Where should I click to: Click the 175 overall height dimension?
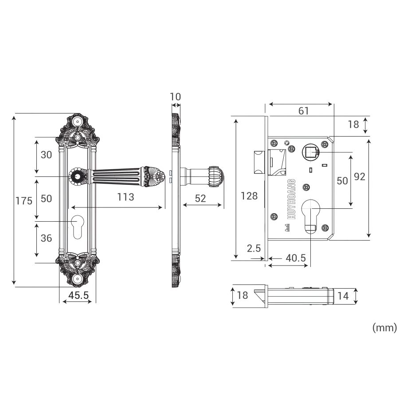(24, 200)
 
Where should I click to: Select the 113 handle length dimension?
(125, 197)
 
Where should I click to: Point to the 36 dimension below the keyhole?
(46, 238)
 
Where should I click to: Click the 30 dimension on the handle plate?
(46, 155)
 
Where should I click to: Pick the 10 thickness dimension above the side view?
(176, 97)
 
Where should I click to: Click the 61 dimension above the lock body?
(303, 111)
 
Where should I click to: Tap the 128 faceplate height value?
(249, 195)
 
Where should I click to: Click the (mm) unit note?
(383, 328)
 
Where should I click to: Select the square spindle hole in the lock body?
(310, 153)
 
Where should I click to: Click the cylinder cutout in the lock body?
(310, 213)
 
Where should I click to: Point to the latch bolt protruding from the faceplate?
(258, 162)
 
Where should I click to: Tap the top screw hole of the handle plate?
(78, 122)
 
